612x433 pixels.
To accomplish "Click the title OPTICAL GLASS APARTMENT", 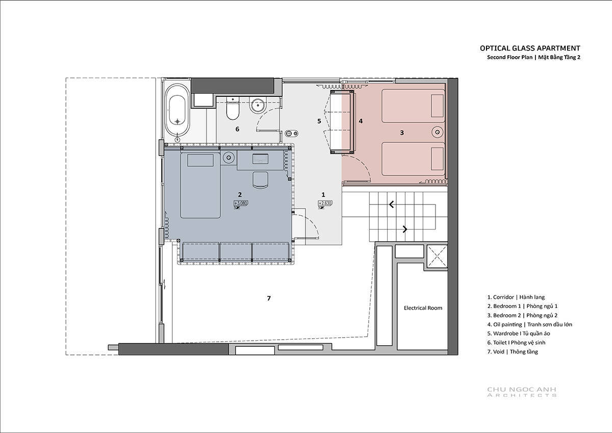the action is pos(530,48).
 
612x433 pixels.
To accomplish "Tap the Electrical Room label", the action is pos(423,308).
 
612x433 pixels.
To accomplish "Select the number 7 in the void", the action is pos(269,298).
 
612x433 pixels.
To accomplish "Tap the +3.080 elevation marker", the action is pos(241,203).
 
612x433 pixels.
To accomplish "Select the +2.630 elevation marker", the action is pos(325,203).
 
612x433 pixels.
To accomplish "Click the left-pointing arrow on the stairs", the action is pos(392,205).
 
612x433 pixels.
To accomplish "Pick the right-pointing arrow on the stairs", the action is pos(405,229).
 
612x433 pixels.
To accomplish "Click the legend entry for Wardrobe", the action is pos(519,334).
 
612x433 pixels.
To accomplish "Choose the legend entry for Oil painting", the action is pos(529,324).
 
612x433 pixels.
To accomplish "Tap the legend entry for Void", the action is pos(513,351).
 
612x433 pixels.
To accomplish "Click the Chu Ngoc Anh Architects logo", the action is pos(522,392).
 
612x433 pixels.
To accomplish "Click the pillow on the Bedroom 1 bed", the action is pos(200,160).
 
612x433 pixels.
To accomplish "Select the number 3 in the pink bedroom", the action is pos(402,133).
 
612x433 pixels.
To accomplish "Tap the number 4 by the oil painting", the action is pos(361,121).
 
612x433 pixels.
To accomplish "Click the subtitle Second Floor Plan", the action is pos(509,57).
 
